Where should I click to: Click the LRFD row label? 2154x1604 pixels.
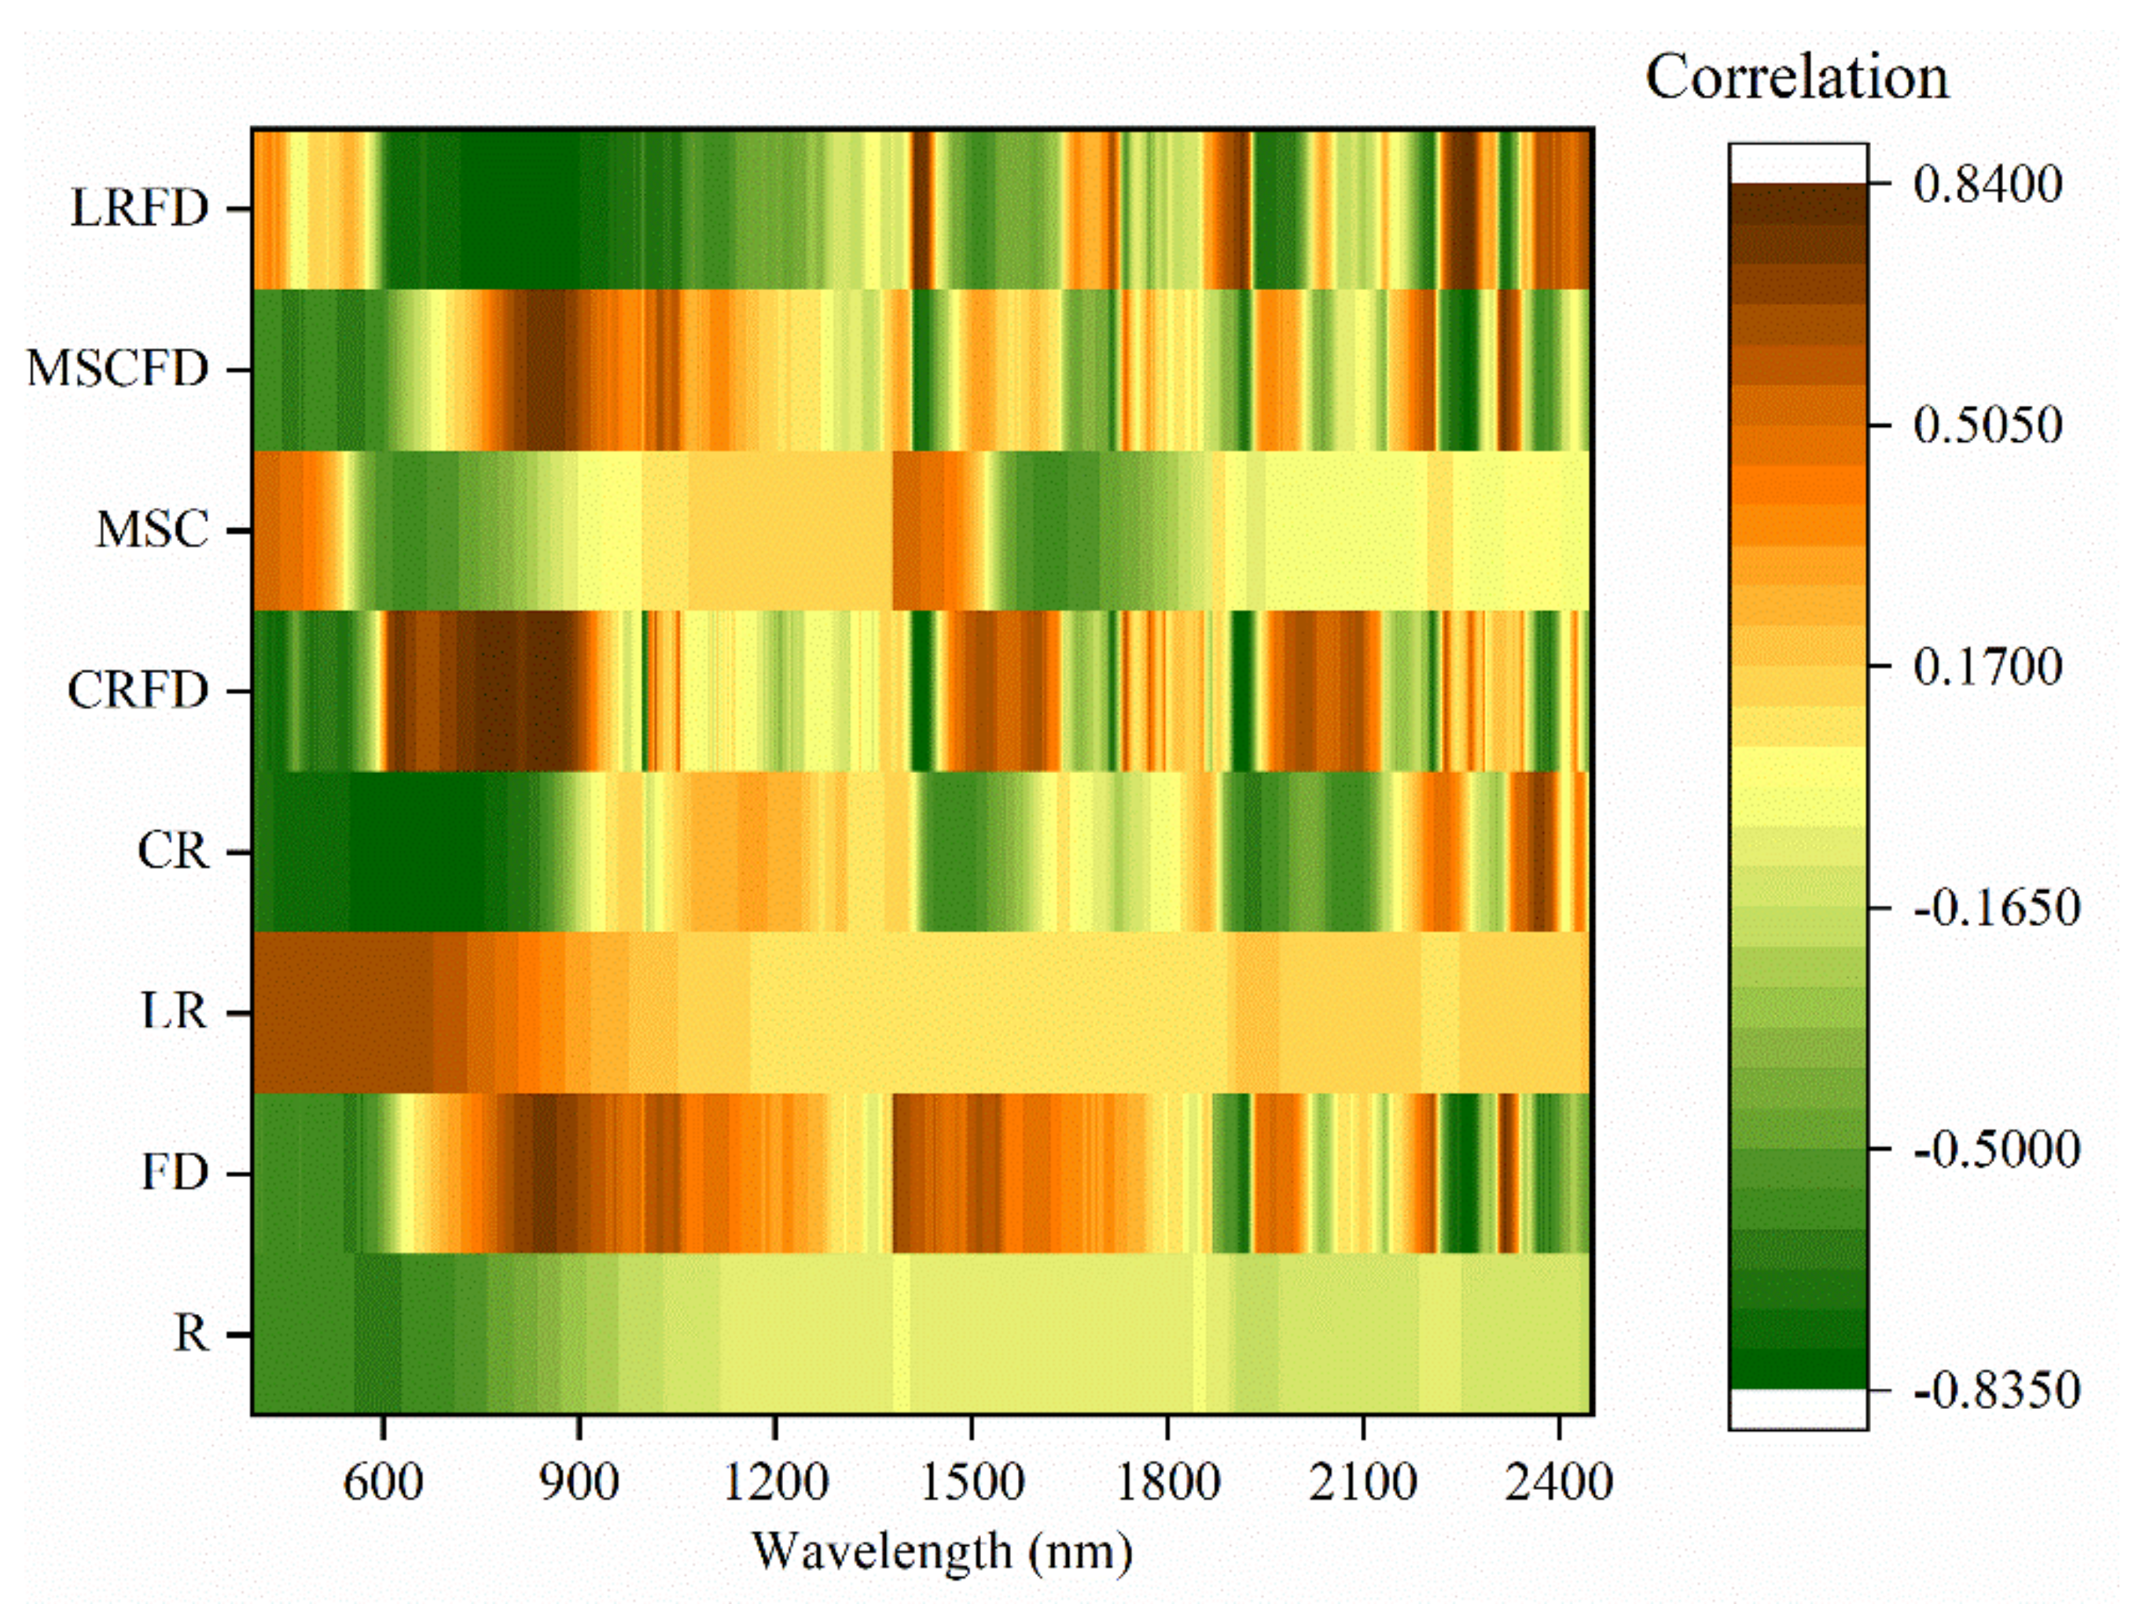click(140, 208)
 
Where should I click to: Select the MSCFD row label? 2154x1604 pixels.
click(117, 370)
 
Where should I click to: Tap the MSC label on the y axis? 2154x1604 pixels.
click(153, 531)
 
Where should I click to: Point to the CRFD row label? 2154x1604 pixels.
click(138, 691)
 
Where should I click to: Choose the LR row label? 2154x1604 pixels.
click(175, 1013)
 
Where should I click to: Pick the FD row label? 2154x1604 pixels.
click(175, 1174)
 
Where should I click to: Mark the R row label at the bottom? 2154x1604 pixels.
click(191, 1335)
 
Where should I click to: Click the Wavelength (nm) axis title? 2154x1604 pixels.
click(943, 1551)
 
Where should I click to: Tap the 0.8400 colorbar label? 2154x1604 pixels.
click(1988, 185)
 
